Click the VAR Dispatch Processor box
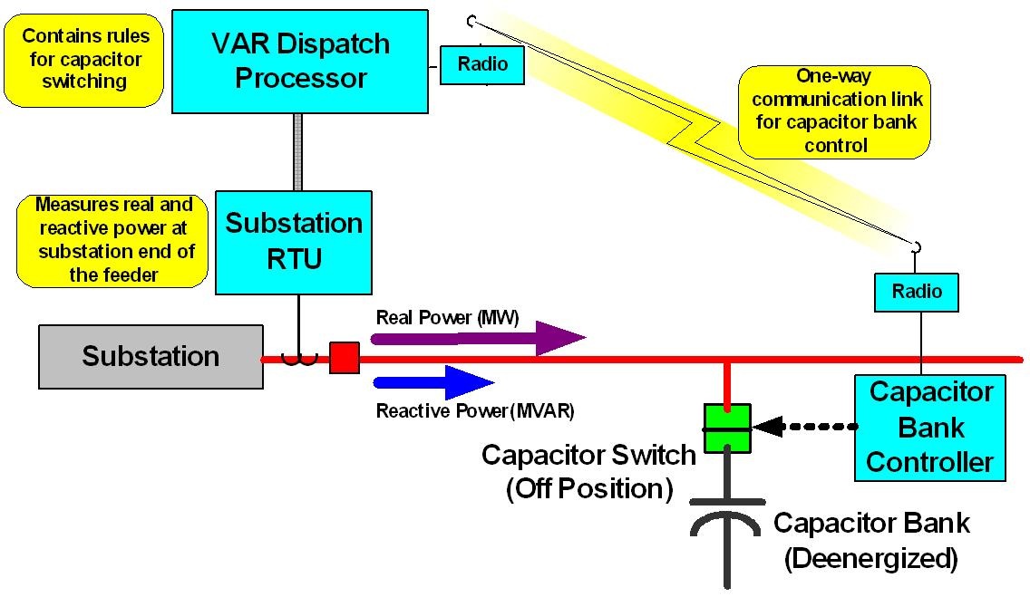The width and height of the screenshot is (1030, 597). coord(299,61)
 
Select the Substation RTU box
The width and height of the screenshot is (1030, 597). coord(294,242)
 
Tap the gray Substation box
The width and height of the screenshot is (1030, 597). coord(151,356)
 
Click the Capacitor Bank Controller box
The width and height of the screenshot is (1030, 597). coord(930,428)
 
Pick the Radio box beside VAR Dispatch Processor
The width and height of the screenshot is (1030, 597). coord(482,65)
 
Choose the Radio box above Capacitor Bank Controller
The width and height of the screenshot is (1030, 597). coord(916,292)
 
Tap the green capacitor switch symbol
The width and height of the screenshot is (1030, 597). coord(728,428)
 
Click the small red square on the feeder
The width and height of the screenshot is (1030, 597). coord(344,358)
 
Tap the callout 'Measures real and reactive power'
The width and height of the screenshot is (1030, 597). coord(114,240)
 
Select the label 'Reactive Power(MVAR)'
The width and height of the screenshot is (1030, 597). coord(475,410)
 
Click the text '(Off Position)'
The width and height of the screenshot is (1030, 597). coord(589,488)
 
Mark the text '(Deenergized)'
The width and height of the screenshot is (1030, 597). coord(870,559)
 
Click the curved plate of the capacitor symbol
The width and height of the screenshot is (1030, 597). coord(727,525)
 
